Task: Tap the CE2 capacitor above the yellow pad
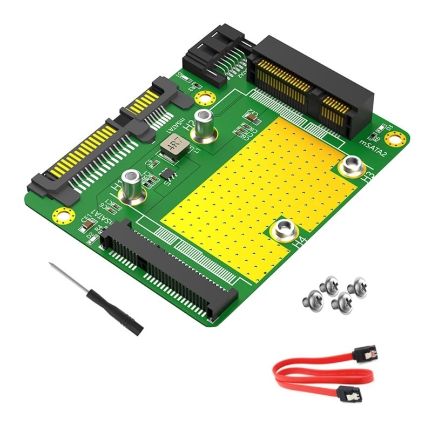251,115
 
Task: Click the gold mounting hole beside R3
204,98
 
